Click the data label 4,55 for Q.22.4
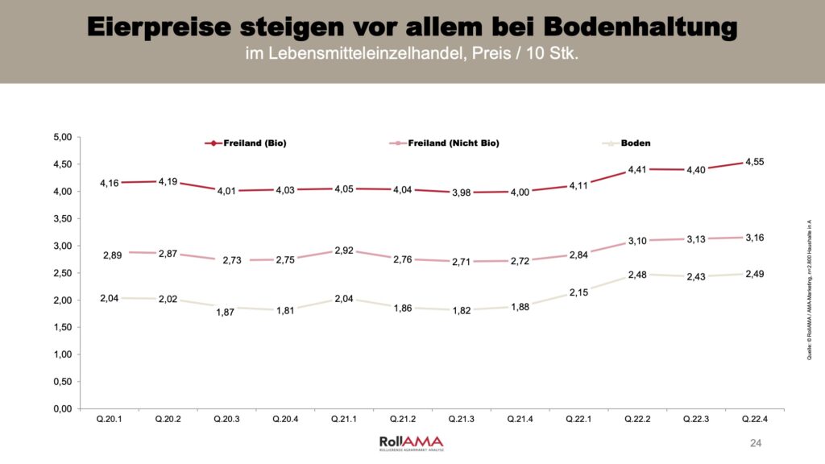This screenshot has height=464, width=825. [754, 161]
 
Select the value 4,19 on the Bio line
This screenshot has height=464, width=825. [168, 181]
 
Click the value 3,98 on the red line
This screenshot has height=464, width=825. [462, 192]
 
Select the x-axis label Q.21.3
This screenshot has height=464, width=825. [462, 420]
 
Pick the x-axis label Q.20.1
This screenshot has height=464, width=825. [110, 420]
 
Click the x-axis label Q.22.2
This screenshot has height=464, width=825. [637, 420]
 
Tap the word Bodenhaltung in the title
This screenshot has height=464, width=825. [641, 27]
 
